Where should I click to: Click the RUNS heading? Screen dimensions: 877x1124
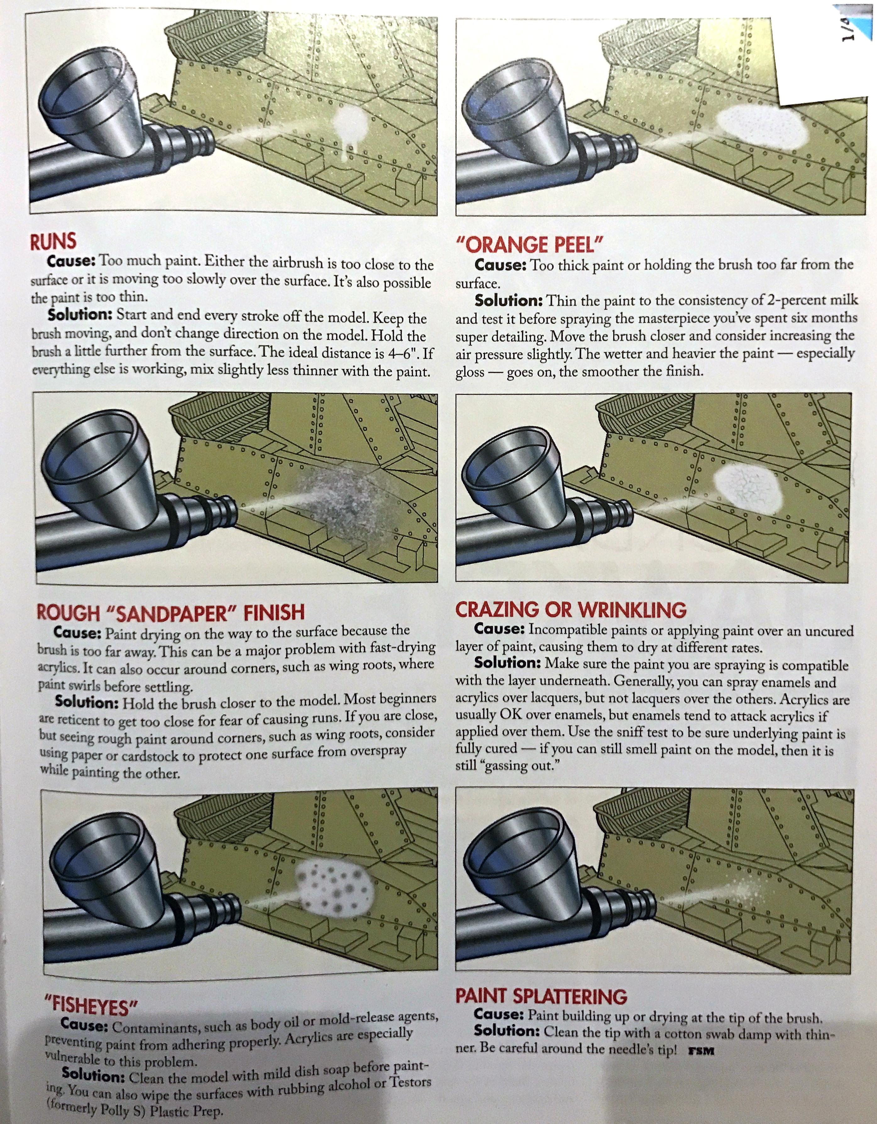[x=53, y=241]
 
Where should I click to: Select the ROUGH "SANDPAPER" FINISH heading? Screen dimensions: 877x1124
[x=170, y=612]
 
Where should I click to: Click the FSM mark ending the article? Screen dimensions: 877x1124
[x=701, y=1051]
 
